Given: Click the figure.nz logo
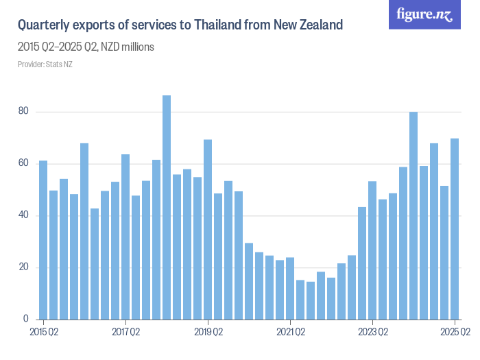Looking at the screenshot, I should (x=424, y=15).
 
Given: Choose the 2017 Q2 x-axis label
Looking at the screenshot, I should (x=125, y=333).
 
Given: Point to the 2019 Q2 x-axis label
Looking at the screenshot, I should (x=208, y=333).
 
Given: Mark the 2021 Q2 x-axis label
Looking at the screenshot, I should (x=290, y=333).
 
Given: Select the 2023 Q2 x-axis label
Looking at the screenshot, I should (x=372, y=333).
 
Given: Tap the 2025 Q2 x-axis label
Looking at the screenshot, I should (x=454, y=333).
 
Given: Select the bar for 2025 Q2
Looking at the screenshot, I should (x=455, y=229).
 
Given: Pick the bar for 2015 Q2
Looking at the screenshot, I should (x=43, y=240).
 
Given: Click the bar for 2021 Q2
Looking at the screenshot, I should (x=290, y=288).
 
